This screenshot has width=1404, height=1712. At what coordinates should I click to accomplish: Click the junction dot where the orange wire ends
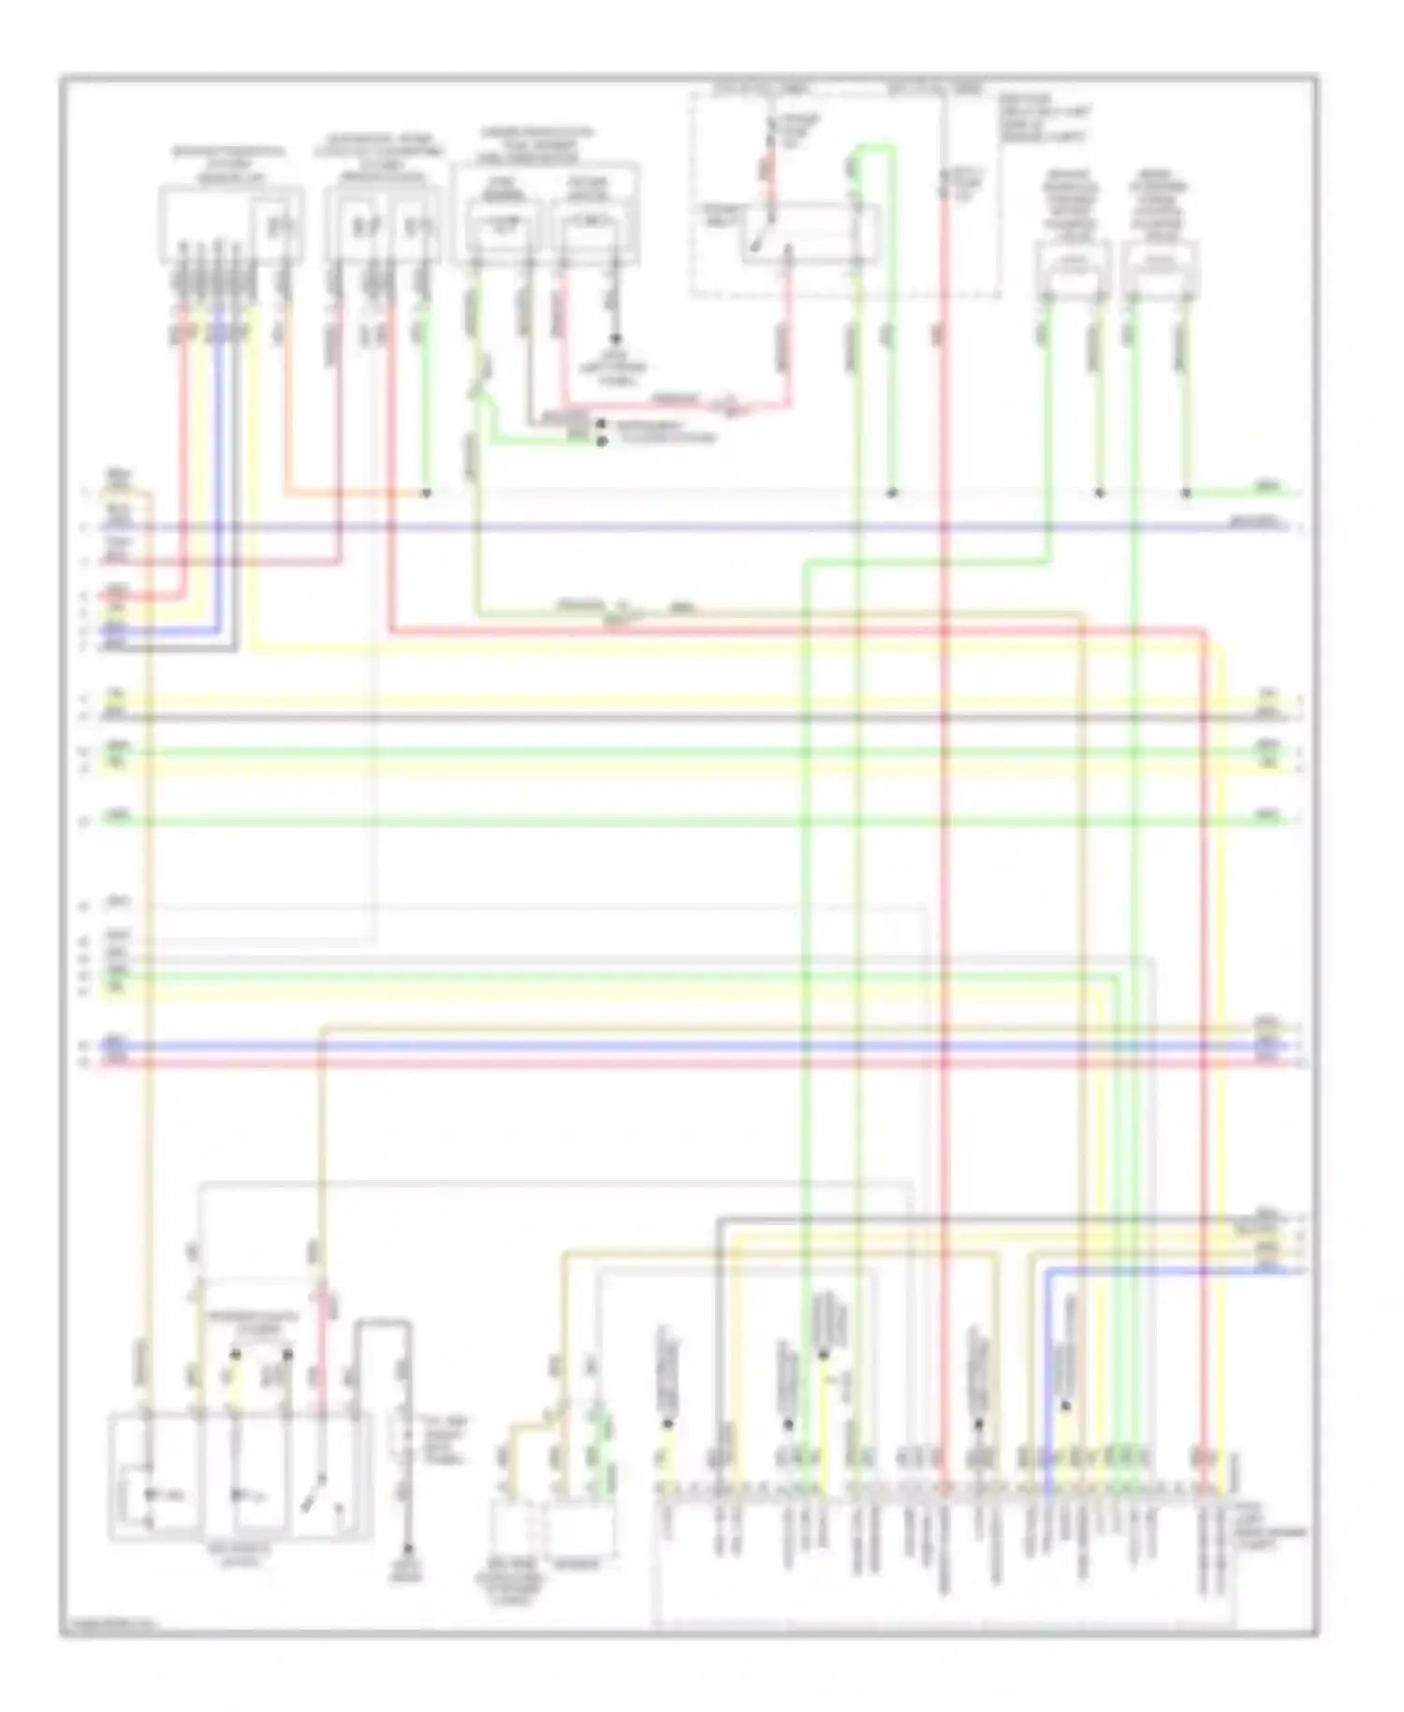(426, 493)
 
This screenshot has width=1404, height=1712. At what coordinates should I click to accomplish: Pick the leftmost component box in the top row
(230, 224)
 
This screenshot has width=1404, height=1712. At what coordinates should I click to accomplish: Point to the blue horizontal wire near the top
(655, 527)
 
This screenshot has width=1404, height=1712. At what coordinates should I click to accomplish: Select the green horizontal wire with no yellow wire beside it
(655, 821)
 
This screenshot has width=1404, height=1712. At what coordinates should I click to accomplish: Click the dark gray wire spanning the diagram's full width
(655, 717)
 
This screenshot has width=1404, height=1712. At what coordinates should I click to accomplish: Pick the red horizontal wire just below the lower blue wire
(655, 1064)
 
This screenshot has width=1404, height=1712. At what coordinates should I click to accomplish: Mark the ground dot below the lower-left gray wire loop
(407, 1550)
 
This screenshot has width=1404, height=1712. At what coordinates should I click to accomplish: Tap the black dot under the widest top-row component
(615, 338)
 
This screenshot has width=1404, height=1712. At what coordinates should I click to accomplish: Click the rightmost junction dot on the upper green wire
(1186, 493)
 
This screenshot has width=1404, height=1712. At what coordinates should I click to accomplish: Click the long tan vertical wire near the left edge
(148, 937)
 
